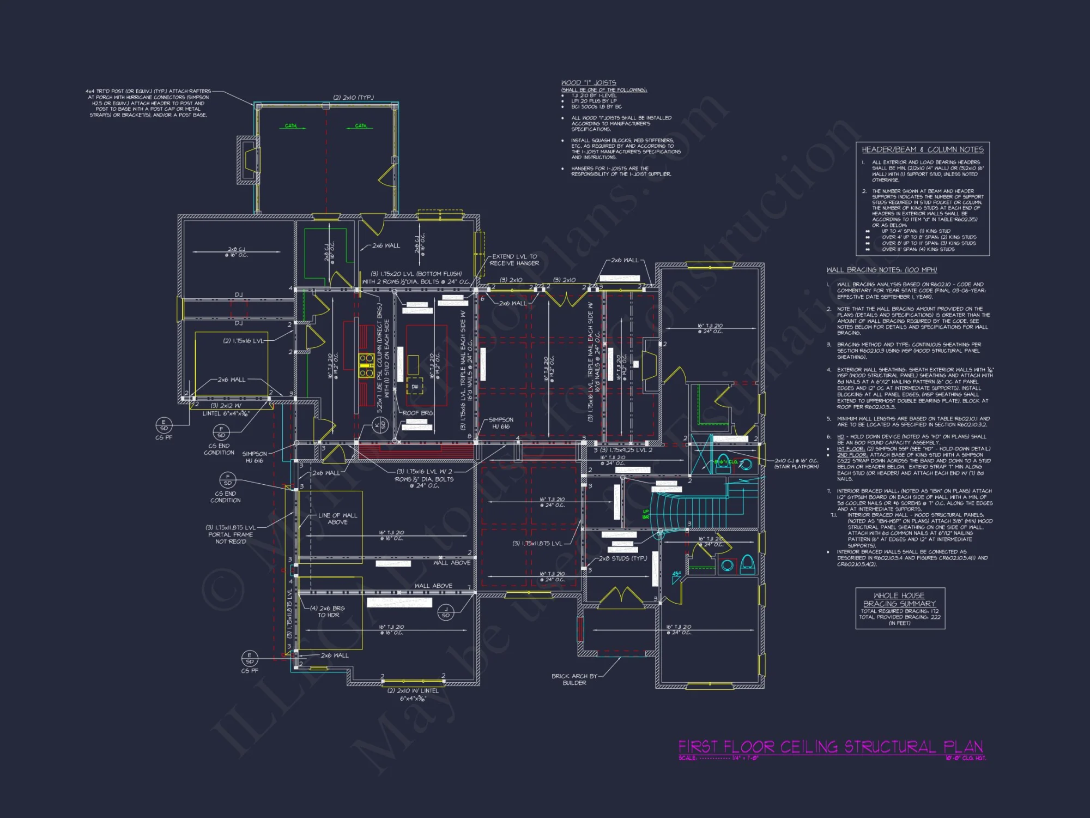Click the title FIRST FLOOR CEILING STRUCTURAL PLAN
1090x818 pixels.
click(x=830, y=747)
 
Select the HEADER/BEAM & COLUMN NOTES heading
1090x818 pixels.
click(x=922, y=149)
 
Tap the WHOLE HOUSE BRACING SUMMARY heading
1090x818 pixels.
click(x=899, y=599)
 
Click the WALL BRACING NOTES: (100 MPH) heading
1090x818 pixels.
click(x=881, y=270)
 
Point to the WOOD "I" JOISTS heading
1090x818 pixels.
click(x=589, y=83)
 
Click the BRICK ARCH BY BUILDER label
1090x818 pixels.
click(x=574, y=679)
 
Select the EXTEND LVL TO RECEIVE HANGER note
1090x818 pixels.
click(x=514, y=260)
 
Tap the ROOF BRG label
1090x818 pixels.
click(x=417, y=413)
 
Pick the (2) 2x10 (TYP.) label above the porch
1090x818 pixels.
click(x=353, y=98)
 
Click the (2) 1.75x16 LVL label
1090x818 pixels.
click(x=243, y=341)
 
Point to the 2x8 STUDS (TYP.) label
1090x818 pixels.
click(x=622, y=558)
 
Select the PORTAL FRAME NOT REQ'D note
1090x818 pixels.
click(x=231, y=538)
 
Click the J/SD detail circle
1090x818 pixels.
click(x=446, y=612)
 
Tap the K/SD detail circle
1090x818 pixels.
click(x=380, y=425)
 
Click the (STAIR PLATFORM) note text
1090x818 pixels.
click(x=796, y=467)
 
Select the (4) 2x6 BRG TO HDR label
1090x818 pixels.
click(x=328, y=611)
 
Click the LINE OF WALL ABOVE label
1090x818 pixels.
click(x=337, y=519)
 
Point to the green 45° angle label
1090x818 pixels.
click(x=676, y=574)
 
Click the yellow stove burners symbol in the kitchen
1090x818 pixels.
click(x=366, y=366)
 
